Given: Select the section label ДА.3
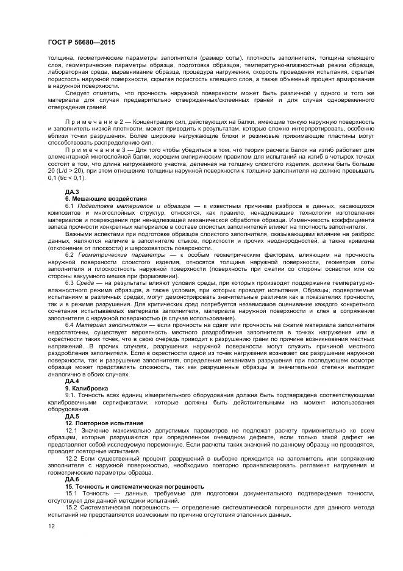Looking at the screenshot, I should [72, 193].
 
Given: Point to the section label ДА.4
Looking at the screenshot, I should [72, 381].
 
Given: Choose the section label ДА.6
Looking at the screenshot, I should [72, 479].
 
